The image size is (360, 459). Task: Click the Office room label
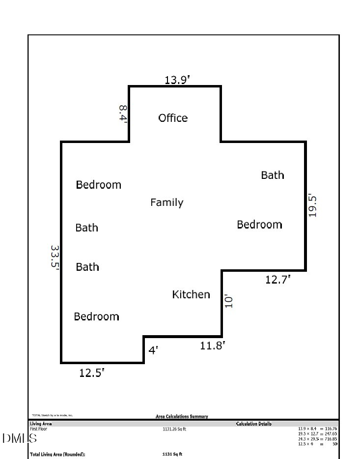[173, 118]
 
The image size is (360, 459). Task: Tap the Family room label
[166, 202]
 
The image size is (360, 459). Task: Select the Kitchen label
[191, 294]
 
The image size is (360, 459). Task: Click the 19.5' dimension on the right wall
[312, 206]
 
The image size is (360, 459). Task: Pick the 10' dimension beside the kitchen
[228, 301]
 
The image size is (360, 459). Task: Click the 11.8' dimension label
[213, 345]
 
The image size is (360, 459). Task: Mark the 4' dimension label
[154, 350]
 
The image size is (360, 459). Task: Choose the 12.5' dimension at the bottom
[92, 373]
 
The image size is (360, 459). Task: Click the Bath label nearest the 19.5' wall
[273, 175]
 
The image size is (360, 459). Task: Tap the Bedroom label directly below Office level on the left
[98, 185]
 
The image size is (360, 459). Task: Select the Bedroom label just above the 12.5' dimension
[96, 316]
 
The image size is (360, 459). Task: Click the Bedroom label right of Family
[259, 225]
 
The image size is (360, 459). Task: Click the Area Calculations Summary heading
[182, 417]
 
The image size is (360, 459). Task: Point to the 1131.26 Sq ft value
[174, 429]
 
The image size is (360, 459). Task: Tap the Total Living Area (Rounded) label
[57, 454]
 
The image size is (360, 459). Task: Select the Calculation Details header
[253, 424]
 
